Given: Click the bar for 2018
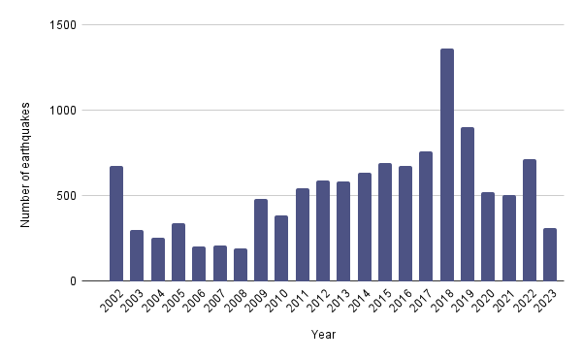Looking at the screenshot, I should point(447,165).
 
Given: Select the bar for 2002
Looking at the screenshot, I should point(116,223).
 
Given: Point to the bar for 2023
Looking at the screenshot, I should point(550,254).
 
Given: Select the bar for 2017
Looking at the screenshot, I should point(426,216).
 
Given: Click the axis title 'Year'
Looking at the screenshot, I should point(324,335).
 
